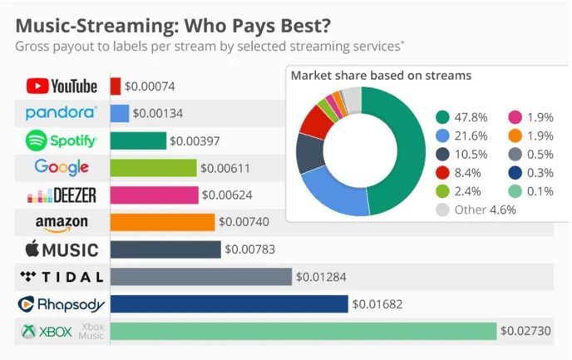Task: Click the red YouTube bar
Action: pos(116,86)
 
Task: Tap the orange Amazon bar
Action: pos(162,222)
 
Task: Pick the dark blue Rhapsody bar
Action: pos(229,303)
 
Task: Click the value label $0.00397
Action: pos(195,141)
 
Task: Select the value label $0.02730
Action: pos(525,331)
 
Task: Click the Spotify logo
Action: pos(62,141)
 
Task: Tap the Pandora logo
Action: pos(62,113)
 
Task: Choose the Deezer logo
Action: pos(62,195)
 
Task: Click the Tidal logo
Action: pos(62,276)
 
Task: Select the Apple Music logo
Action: pos(62,249)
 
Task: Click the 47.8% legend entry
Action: pos(461,117)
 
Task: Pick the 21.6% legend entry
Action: pos(461,136)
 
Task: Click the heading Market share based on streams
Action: pos(381,76)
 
